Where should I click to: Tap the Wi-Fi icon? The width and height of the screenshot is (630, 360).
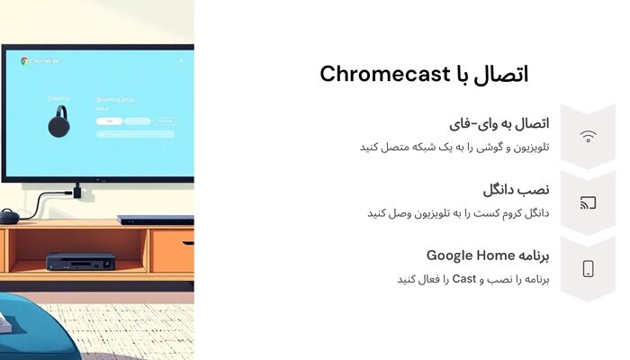(x=588, y=137)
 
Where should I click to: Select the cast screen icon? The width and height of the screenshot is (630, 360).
(x=588, y=202)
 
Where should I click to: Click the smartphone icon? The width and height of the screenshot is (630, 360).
(x=588, y=268)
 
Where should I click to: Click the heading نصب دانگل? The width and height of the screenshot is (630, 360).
(x=516, y=189)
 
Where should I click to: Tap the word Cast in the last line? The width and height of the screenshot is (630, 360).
(x=463, y=279)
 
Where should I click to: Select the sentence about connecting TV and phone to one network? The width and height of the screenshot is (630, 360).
(x=454, y=147)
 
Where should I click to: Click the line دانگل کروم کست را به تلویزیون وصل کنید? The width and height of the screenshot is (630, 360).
(x=458, y=213)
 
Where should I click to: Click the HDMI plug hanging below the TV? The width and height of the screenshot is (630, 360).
(x=77, y=190)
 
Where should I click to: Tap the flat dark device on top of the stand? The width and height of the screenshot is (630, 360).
(x=155, y=220)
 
